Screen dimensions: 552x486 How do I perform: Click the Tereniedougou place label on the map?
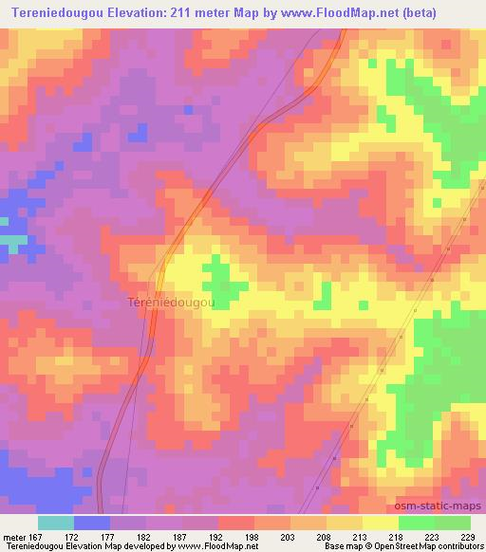click(x=171, y=303)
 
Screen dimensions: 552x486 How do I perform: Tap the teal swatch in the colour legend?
click(x=56, y=522)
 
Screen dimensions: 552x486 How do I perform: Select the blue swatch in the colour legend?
click(x=92, y=522)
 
